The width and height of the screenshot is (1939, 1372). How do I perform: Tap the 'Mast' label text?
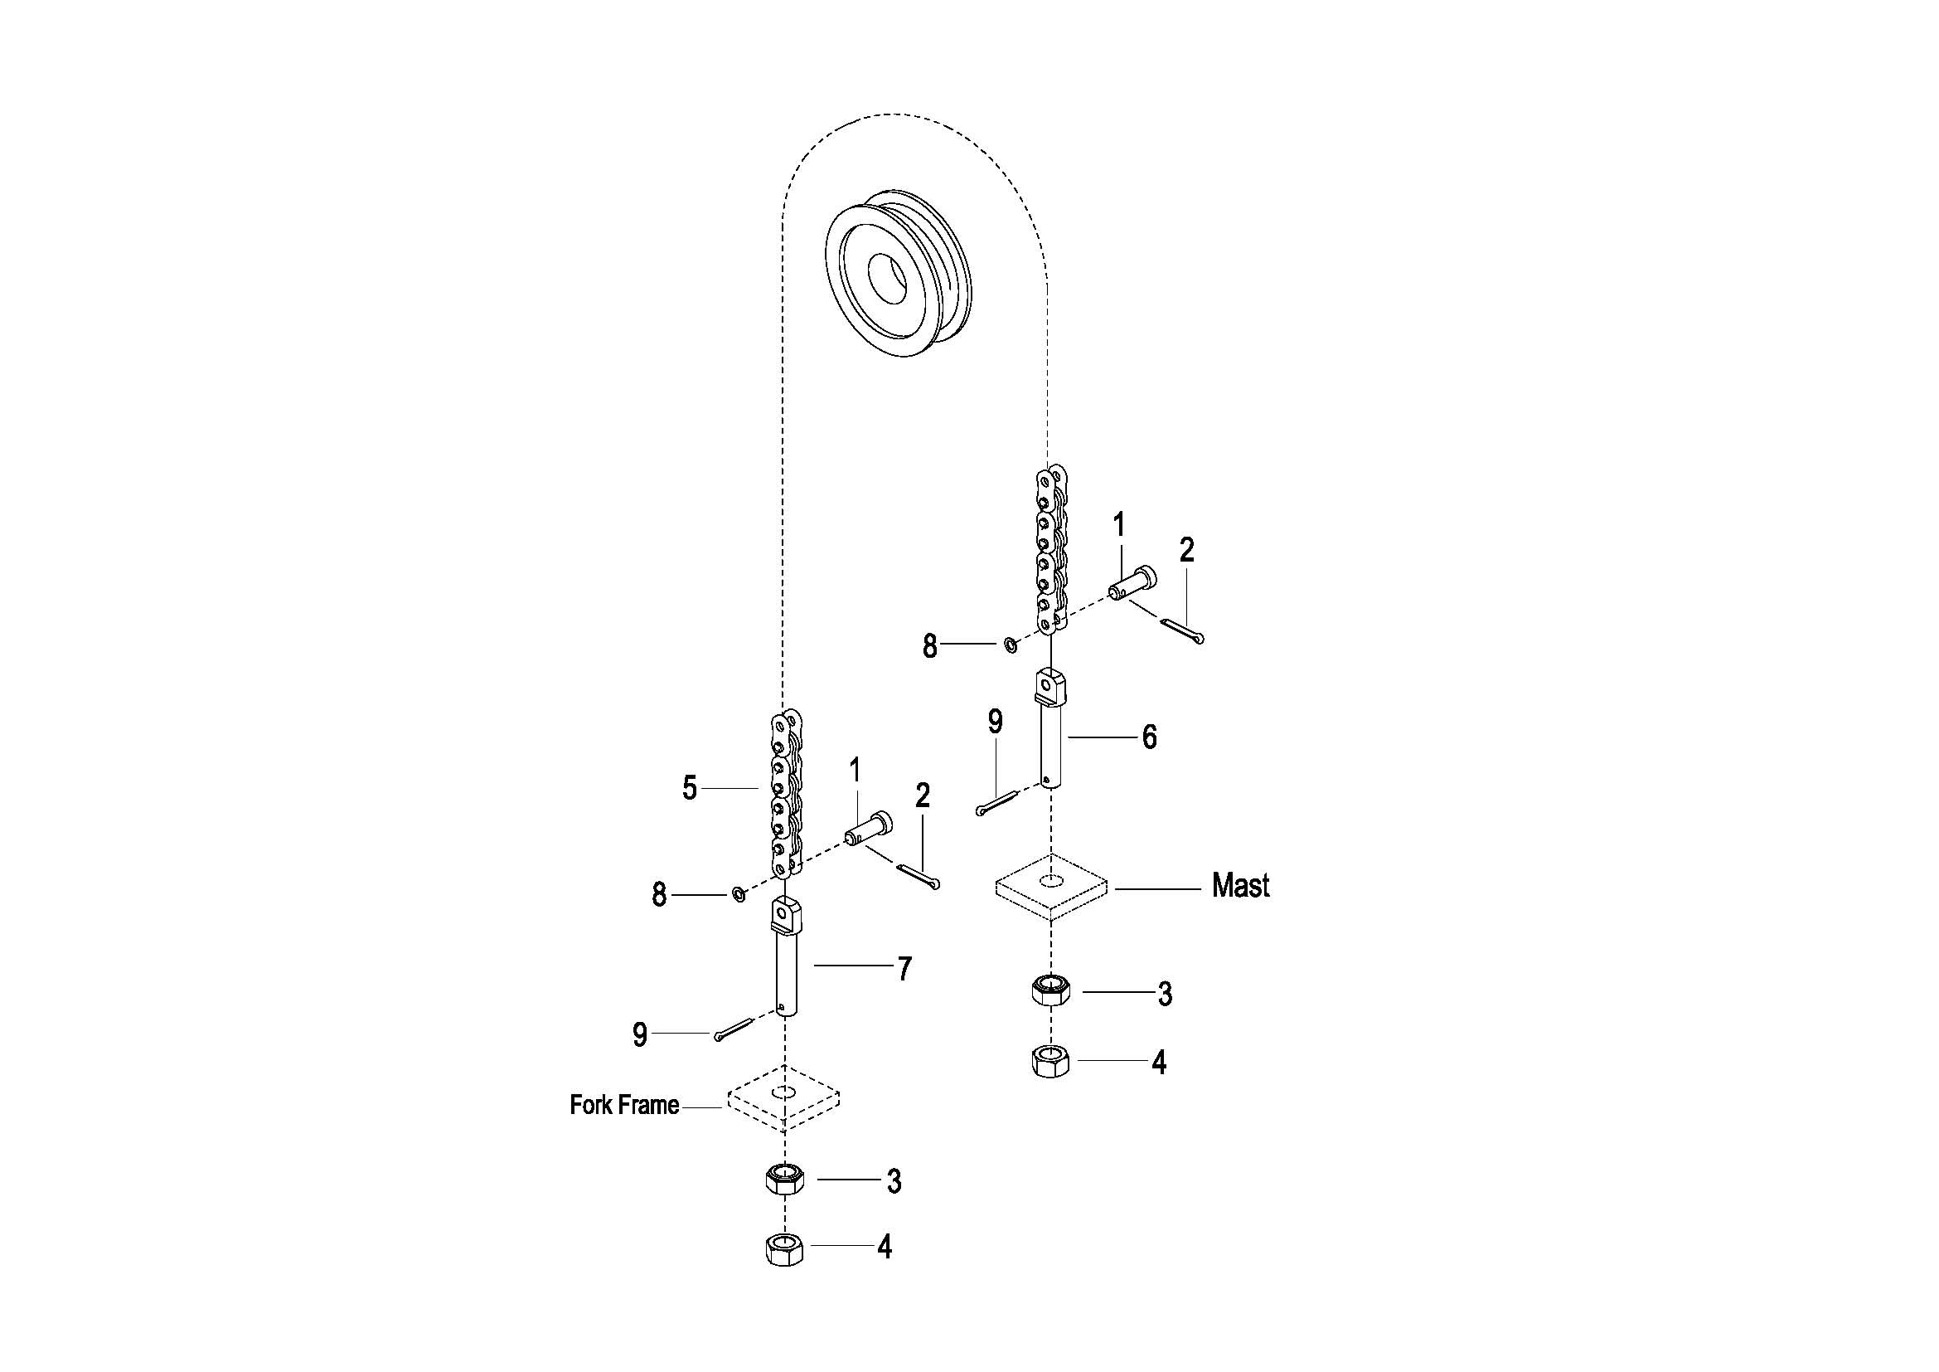point(1239,885)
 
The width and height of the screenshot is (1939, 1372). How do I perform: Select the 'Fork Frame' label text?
point(624,1105)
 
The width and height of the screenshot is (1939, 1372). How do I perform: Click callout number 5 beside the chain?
point(690,788)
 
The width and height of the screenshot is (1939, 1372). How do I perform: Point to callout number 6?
point(1149,737)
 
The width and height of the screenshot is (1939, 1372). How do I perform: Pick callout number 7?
point(904,969)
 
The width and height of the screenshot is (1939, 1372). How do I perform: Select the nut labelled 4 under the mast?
point(1050,1060)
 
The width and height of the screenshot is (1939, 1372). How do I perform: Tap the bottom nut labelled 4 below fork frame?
point(784,1248)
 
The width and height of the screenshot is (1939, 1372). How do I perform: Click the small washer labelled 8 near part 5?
point(738,893)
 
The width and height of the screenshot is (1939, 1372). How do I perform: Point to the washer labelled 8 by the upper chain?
point(1010,645)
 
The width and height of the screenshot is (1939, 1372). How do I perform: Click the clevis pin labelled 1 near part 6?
point(1132,583)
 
